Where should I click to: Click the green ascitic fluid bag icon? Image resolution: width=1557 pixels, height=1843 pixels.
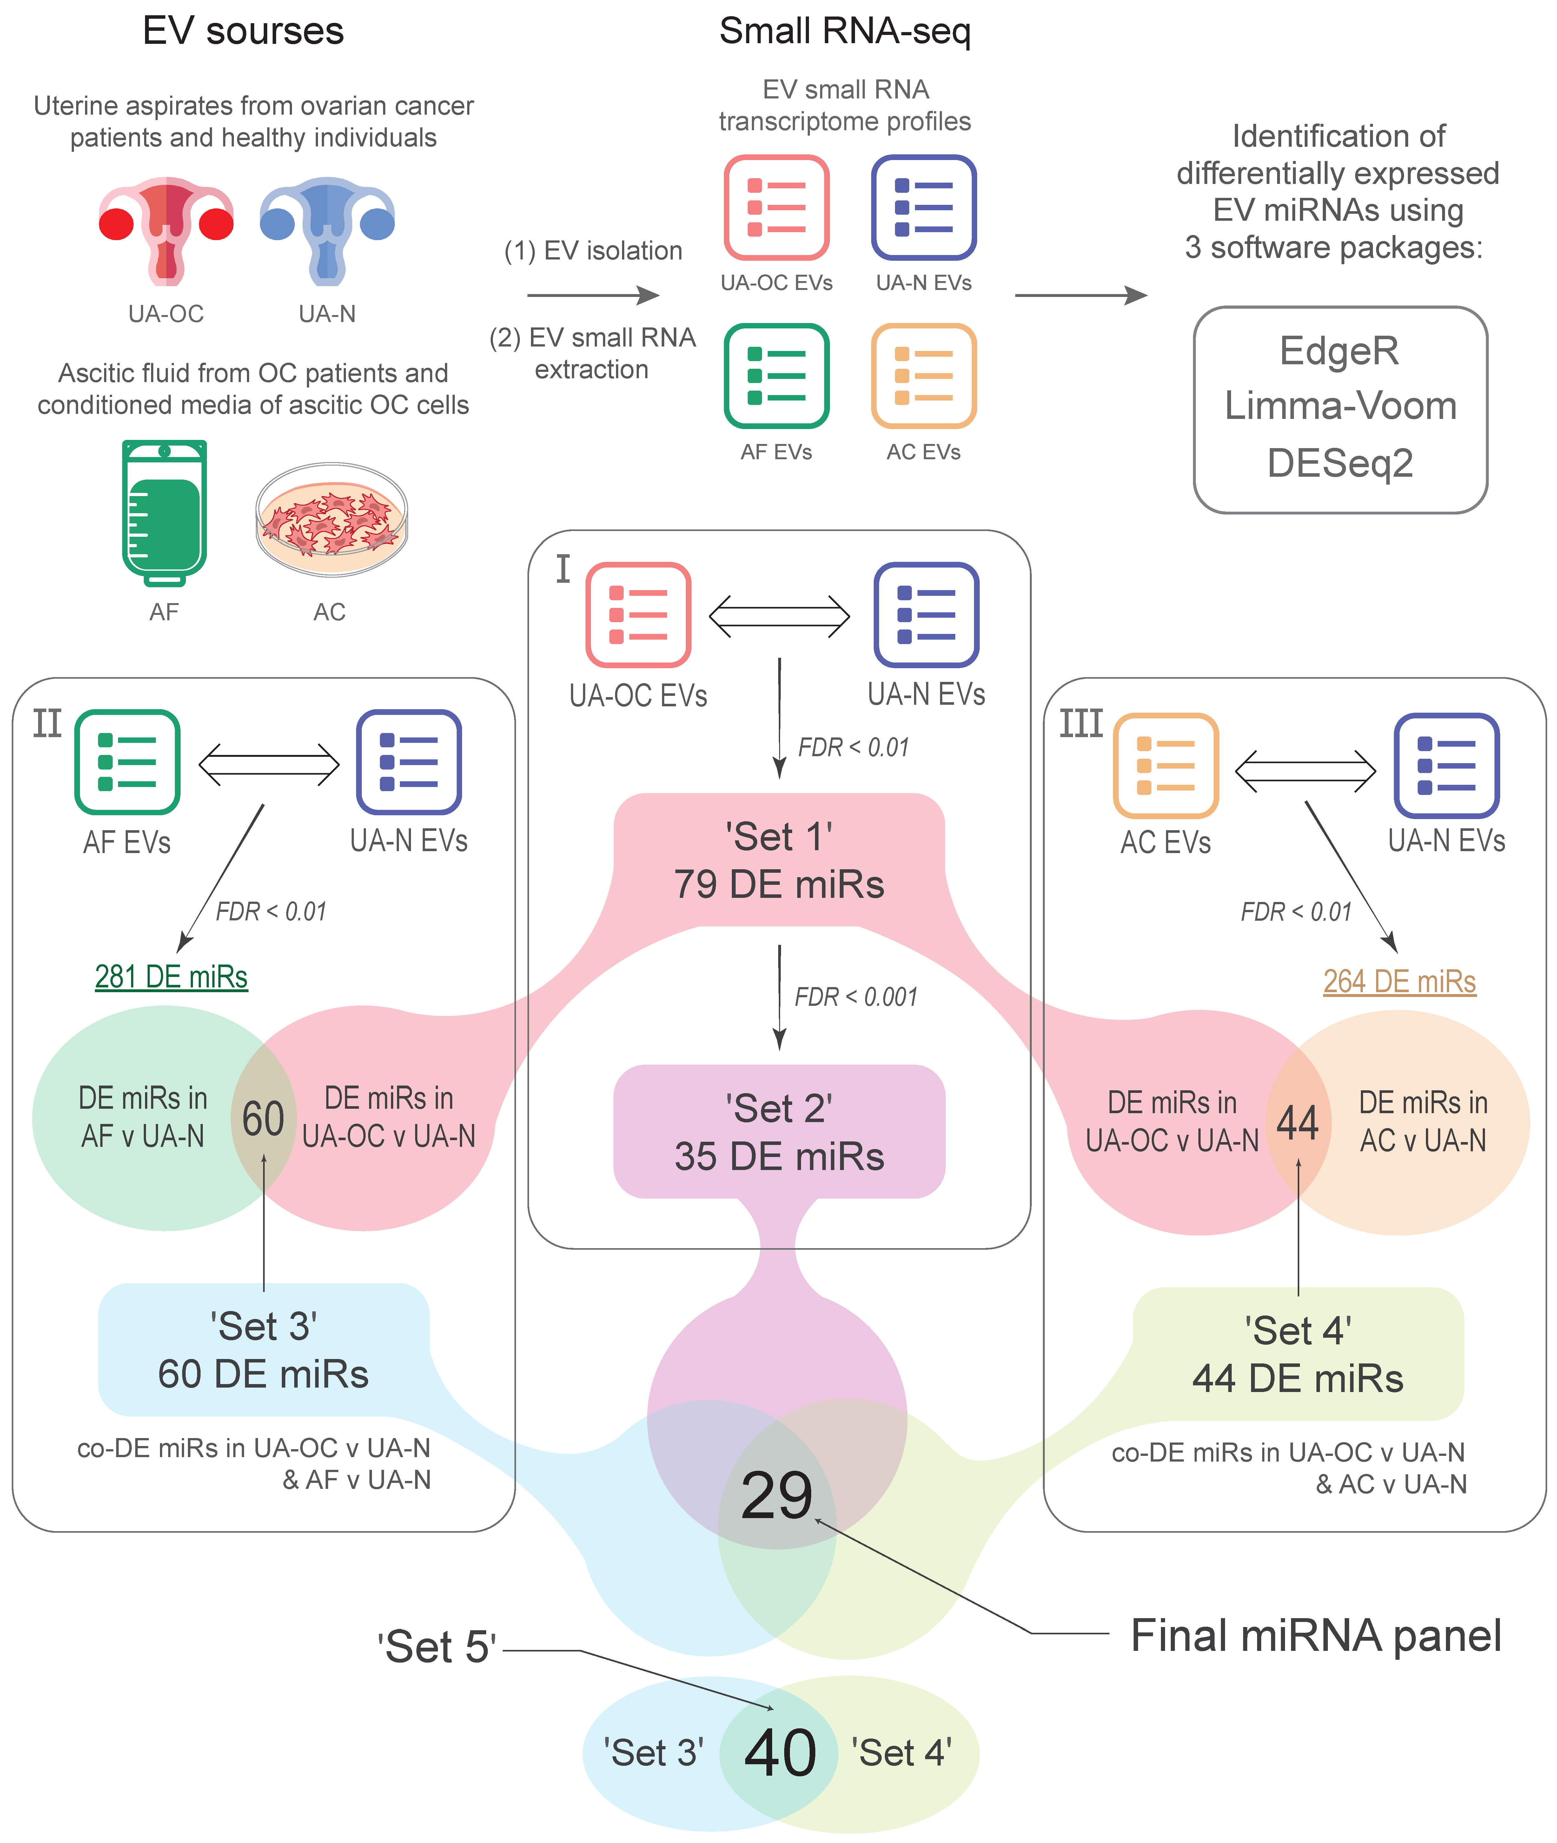click(164, 512)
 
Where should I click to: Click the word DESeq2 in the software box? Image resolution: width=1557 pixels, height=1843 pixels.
click(1340, 463)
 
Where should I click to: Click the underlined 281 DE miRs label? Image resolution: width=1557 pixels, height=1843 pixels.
click(171, 977)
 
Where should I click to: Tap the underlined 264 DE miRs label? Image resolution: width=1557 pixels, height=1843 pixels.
click(1399, 981)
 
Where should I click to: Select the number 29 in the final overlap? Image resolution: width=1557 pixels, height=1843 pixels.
click(777, 1495)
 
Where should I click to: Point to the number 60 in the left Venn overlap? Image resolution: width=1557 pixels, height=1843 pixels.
click(263, 1119)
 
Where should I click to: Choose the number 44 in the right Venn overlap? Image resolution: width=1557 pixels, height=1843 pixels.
click(1297, 1123)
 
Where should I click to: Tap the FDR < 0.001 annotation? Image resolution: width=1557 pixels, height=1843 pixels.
click(856, 997)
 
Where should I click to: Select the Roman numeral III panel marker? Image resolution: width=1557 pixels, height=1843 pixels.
click(1081, 724)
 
